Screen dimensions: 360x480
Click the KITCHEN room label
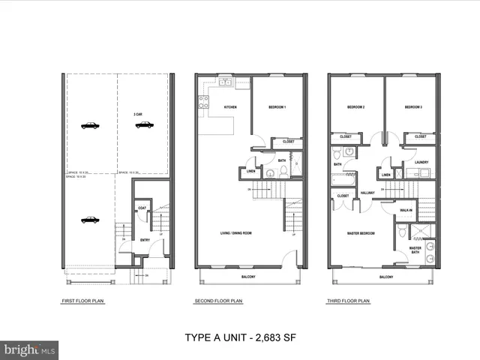click(x=230, y=108)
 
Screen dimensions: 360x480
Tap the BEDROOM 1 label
click(x=277, y=108)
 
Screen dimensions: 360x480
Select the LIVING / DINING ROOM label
click(x=235, y=233)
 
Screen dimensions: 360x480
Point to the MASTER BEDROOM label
click(x=361, y=233)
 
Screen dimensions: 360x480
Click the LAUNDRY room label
click(x=421, y=162)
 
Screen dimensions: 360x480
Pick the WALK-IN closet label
click(x=406, y=210)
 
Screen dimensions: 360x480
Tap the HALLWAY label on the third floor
click(x=367, y=193)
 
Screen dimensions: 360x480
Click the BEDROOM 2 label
click(x=355, y=108)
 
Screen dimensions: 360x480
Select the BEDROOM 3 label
click(x=413, y=108)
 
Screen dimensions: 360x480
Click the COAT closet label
click(x=142, y=208)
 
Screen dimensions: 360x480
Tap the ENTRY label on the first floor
click(x=145, y=240)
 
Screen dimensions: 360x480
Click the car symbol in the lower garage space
click(x=90, y=220)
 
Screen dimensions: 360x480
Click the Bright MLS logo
click(x=30, y=349)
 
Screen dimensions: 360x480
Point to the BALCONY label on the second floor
click(x=248, y=277)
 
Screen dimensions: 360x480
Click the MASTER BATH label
click(x=415, y=250)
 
